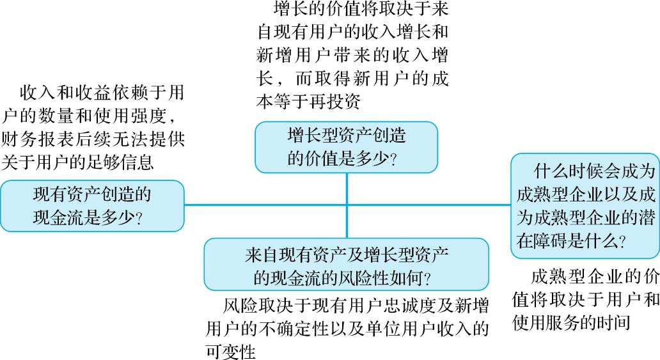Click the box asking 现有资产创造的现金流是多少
[x=92, y=205]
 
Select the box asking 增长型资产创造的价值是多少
[x=346, y=146]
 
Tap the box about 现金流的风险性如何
[x=346, y=264]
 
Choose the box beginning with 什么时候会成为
[x=585, y=205]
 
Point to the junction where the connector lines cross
[x=347, y=205]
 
